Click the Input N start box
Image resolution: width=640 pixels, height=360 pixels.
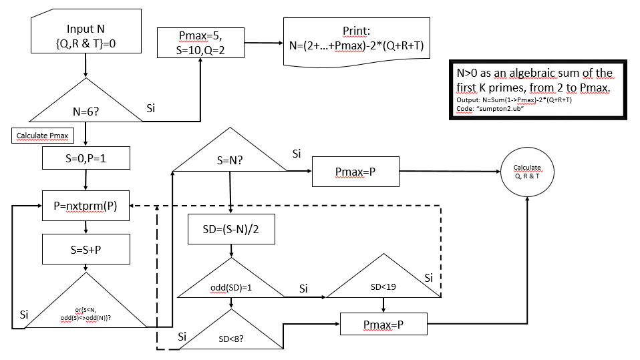tap(86, 37)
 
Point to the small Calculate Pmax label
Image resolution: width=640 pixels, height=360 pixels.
tap(41, 136)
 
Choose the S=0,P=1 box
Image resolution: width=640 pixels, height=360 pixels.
tap(86, 158)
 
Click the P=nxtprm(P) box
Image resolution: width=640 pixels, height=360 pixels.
tap(86, 206)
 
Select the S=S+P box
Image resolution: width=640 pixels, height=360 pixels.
tap(86, 250)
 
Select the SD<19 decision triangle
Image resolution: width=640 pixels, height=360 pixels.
tap(383, 281)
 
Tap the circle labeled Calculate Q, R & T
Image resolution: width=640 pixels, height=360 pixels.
tap(528, 171)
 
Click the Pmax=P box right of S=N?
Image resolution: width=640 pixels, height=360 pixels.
tap(355, 171)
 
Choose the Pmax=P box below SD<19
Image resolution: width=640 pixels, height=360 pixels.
tap(383, 325)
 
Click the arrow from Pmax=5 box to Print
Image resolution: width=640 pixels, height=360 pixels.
tap(263, 43)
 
